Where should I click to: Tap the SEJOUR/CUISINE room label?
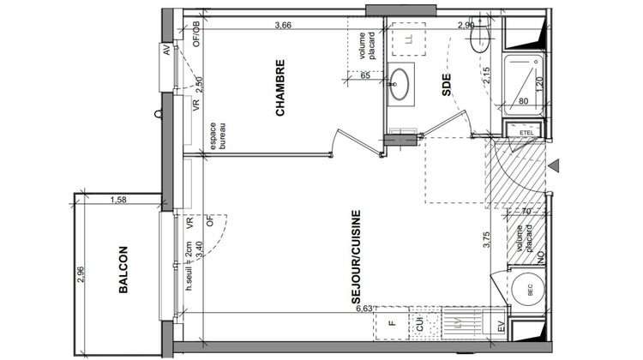pyautogui.click(x=354, y=258)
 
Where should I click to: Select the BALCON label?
pyautogui.click(x=123, y=271)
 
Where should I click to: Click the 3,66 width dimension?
pyautogui.click(x=284, y=25)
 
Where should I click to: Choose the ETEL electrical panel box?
pyautogui.click(x=526, y=131)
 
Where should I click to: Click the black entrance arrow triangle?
pyautogui.click(x=556, y=165)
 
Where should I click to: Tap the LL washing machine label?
pyautogui.click(x=409, y=39)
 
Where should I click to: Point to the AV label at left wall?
pyautogui.click(x=166, y=51)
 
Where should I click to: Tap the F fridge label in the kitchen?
pyautogui.click(x=391, y=324)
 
